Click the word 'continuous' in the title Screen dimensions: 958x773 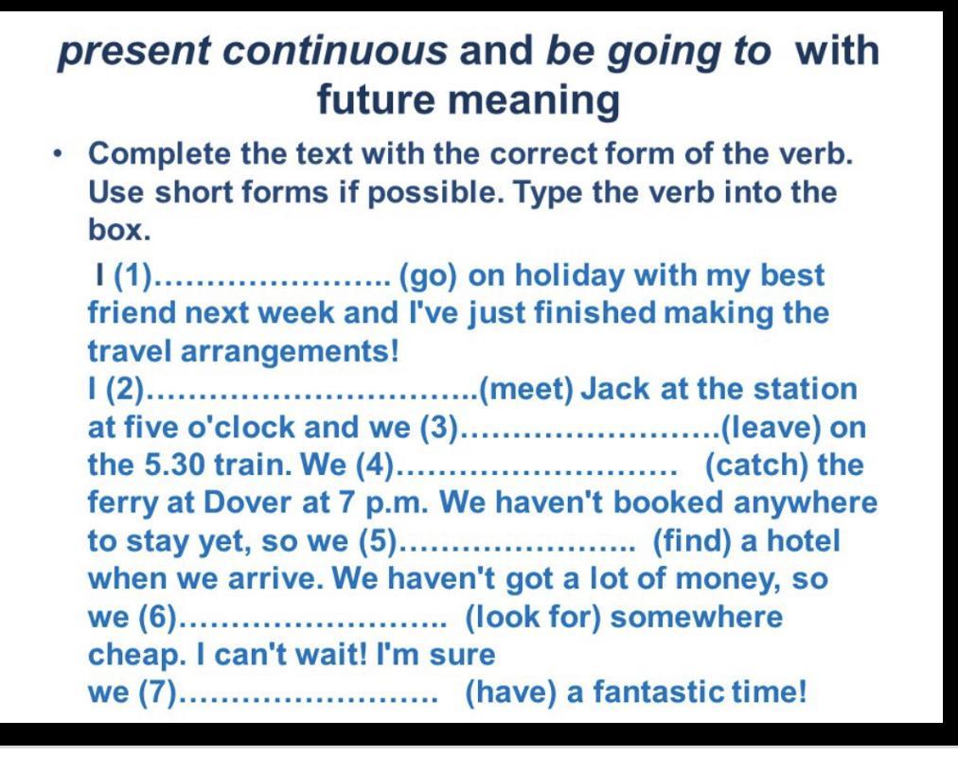click(334, 50)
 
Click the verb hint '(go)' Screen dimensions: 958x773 click(428, 276)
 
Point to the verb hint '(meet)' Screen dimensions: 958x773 click(526, 390)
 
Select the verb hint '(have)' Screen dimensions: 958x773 click(511, 693)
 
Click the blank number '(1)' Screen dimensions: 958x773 click(133, 276)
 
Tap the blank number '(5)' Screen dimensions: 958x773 click(379, 541)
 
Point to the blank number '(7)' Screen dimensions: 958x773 click(158, 693)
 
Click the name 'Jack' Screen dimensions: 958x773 click(614, 390)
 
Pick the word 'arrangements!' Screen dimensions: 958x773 click(290, 352)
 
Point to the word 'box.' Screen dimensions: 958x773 click(119, 230)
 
